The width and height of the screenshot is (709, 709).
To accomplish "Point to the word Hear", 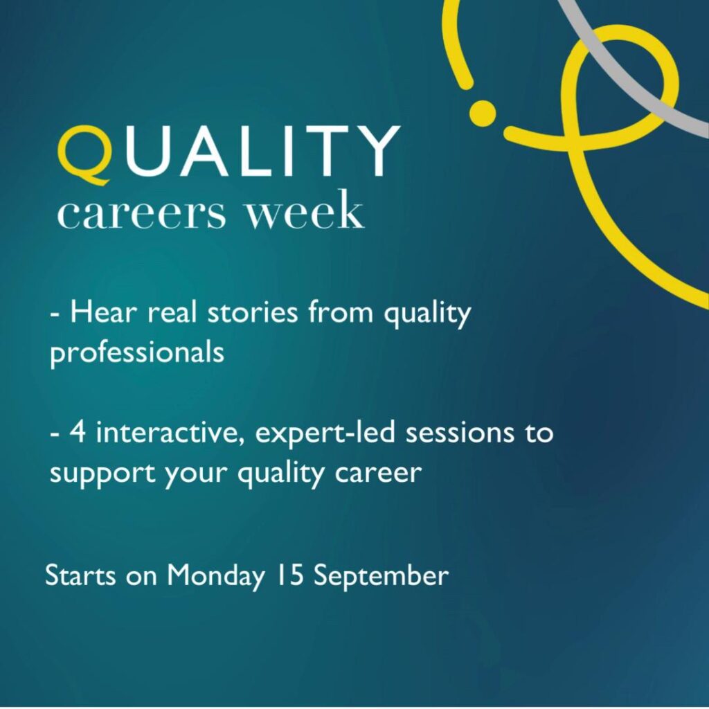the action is [103, 312].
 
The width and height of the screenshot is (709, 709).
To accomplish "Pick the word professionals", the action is [137, 352].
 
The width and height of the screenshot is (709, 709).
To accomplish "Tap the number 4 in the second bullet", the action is [78, 432].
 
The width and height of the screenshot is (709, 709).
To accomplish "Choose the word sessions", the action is [460, 433].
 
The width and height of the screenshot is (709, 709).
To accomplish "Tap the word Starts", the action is [80, 575].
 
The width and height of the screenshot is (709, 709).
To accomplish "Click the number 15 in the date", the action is [290, 575].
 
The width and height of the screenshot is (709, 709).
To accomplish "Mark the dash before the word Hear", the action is [55, 314].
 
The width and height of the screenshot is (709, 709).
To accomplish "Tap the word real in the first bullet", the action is [172, 312].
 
